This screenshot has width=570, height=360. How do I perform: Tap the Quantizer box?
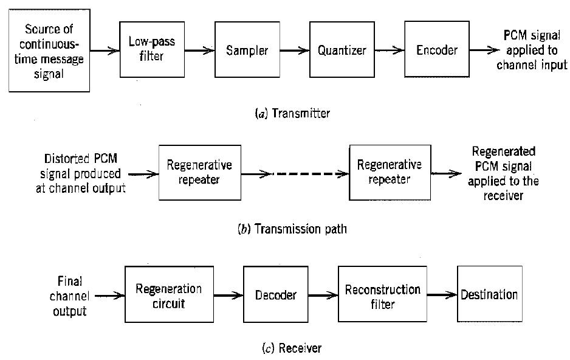tap(342, 50)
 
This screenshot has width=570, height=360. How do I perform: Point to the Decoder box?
tap(276, 295)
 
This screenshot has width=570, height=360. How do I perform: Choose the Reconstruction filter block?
tap(382, 295)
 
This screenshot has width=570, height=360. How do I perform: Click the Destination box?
tap(489, 295)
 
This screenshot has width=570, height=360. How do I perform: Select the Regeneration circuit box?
tap(168, 295)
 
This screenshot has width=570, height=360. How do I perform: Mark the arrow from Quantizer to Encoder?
tap(390, 50)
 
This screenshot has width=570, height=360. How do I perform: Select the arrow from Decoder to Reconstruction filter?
tap(323, 295)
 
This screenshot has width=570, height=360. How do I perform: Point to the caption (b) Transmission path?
tap(292, 229)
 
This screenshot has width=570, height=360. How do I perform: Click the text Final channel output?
tap(69, 296)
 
